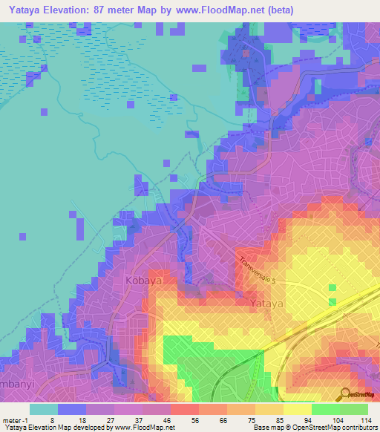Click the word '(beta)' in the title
[x=280, y=10]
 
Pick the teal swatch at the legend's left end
[x=43, y=409]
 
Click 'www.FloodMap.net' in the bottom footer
[x=149, y=428]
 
